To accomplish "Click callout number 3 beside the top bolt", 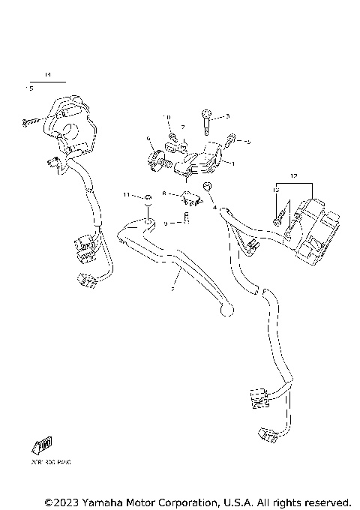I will tap(227, 116).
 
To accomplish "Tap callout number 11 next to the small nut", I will tap(127, 195).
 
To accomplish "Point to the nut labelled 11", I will tap(148, 197).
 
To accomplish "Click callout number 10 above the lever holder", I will tap(166, 118).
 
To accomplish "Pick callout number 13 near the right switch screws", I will tap(275, 192).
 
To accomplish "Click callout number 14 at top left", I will tap(46, 75).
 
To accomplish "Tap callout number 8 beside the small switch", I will tap(163, 193).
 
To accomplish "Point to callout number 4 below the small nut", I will tap(214, 206).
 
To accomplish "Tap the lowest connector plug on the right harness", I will tap(266, 433).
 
